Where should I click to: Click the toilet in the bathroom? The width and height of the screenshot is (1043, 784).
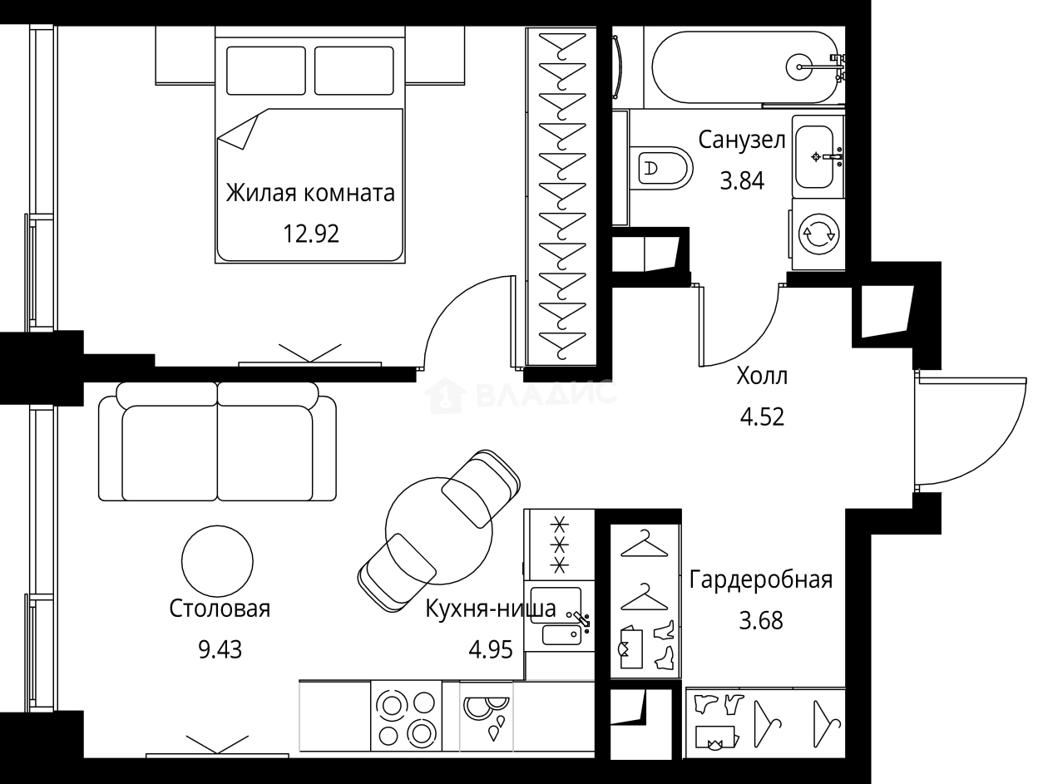point(660,168)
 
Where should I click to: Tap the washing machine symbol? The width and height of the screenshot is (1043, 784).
point(818,234)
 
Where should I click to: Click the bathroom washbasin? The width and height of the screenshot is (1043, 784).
point(815,156)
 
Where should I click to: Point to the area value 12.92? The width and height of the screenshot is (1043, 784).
point(311,234)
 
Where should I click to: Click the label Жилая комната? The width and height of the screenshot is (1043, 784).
point(310,193)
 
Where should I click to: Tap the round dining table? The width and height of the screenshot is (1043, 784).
point(439,530)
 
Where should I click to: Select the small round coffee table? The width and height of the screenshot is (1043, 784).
point(217,561)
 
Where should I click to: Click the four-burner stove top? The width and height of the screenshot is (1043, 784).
point(406,717)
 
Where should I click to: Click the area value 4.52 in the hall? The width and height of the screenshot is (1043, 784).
point(762,417)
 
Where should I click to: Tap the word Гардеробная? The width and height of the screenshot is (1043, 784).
point(761,579)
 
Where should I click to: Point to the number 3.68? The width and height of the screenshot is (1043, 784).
point(761,620)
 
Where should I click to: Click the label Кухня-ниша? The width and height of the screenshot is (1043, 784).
point(491,609)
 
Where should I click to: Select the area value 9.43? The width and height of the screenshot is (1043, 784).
point(220,649)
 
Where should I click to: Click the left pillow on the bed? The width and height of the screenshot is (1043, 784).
point(266,71)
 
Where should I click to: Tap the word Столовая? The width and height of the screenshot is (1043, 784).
point(220,609)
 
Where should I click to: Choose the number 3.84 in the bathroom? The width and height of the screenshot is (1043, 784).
point(742,181)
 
